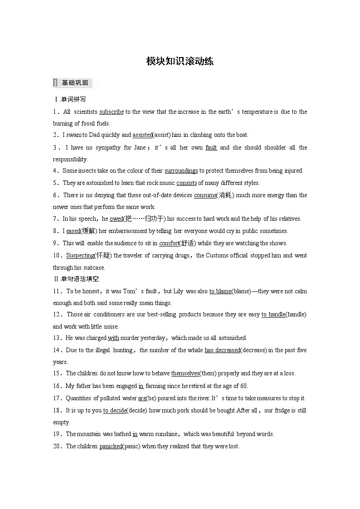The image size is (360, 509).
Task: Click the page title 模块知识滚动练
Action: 180,61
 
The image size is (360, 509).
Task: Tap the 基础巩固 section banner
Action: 74,83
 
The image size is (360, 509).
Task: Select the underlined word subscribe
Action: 112,111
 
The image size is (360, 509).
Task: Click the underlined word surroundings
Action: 181,171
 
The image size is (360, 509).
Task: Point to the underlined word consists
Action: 186,183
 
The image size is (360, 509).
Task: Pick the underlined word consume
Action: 205,195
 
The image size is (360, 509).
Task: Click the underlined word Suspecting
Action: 80,256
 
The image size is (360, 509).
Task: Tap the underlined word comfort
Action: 169,243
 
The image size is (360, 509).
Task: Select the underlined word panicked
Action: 111,446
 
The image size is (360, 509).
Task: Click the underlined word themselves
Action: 185,373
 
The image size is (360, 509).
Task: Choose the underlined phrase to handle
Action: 273,315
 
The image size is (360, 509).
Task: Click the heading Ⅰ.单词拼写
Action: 69,99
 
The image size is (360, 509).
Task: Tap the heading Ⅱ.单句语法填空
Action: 76,279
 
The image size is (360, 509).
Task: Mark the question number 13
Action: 57,338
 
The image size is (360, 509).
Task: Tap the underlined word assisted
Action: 142,135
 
